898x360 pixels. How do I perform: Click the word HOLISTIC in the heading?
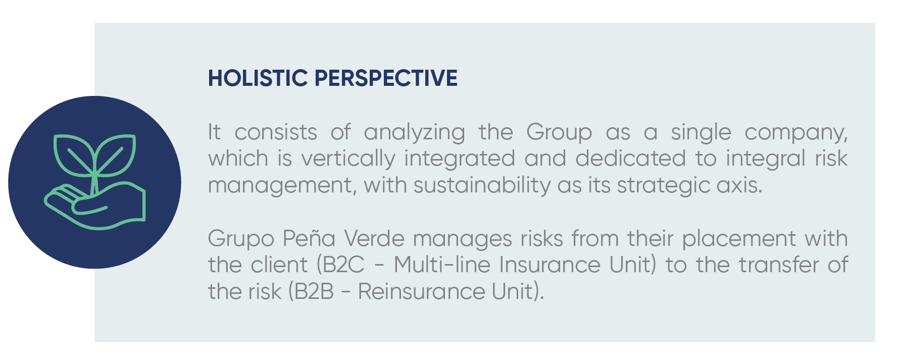tap(258, 78)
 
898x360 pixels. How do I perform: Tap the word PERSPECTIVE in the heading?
tap(386, 78)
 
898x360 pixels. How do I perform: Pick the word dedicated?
tap(630, 159)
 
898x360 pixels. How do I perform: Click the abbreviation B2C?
tap(343, 265)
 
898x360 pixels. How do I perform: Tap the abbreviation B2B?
tap(314, 292)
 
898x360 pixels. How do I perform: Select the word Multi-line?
tap(442, 265)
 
